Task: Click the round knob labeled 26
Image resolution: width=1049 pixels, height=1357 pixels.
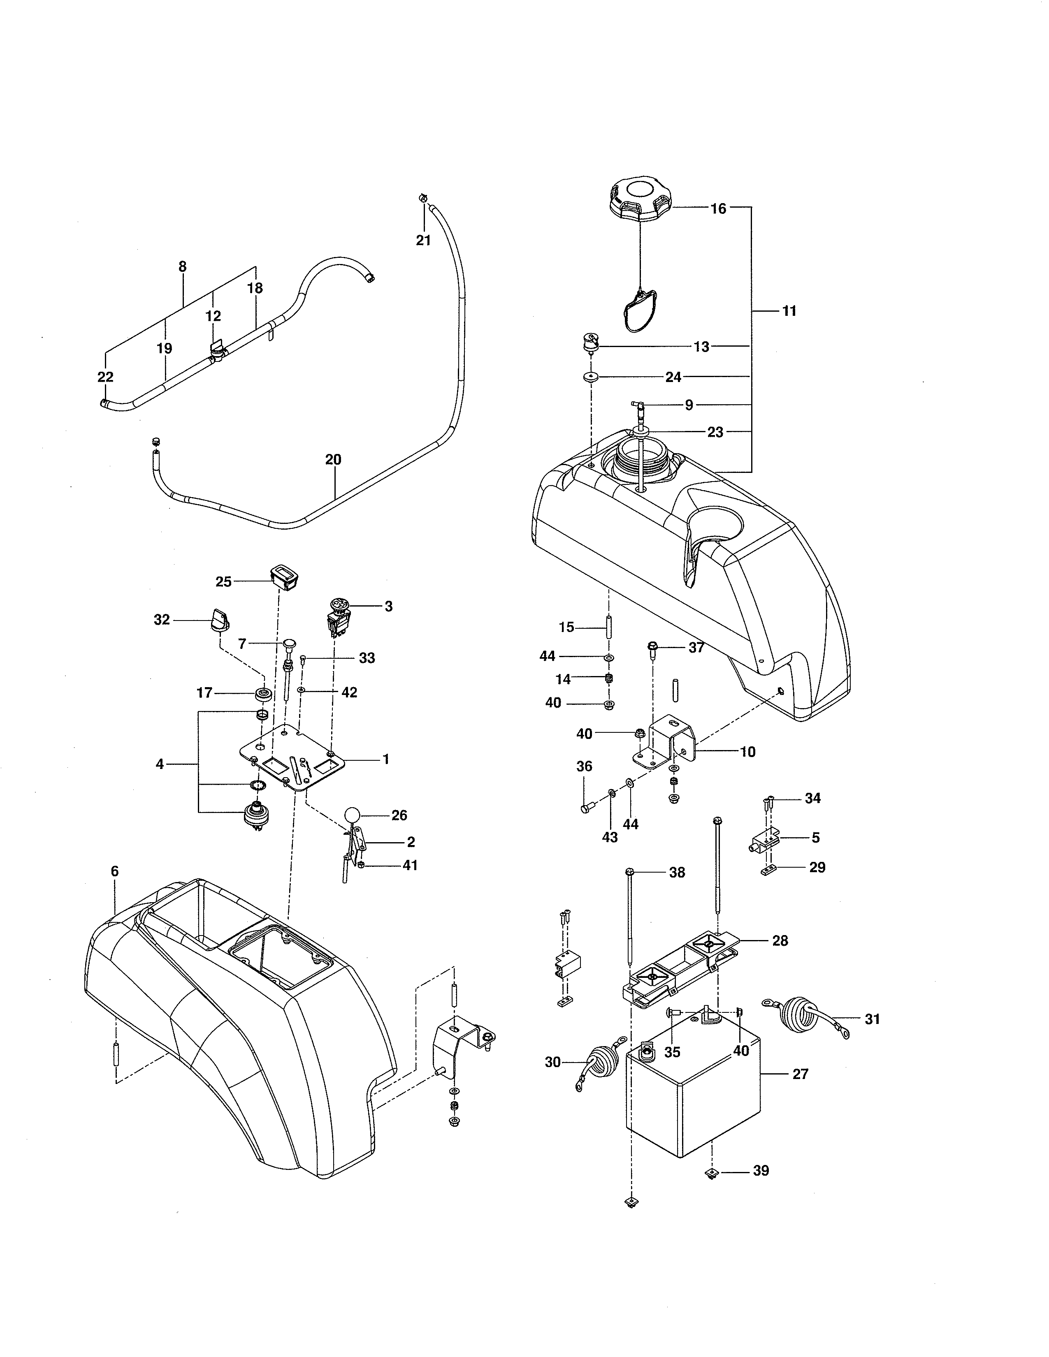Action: [353, 815]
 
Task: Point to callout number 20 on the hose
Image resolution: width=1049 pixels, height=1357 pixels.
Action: [333, 460]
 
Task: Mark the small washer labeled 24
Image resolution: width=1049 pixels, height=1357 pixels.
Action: [590, 377]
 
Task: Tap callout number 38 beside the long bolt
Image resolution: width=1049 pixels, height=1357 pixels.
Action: [677, 872]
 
